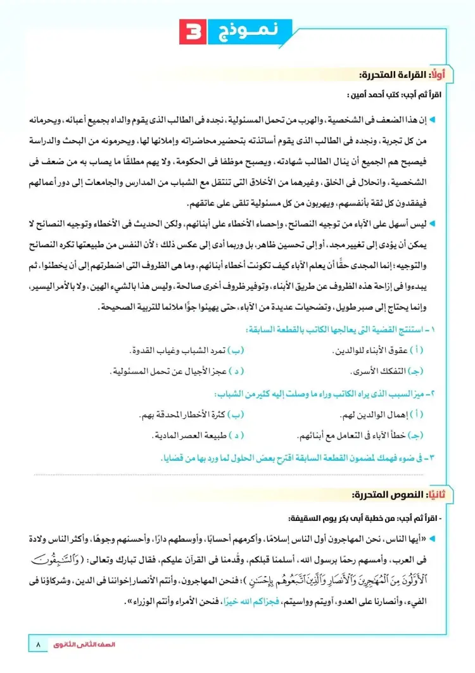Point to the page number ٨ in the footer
click(x=39, y=645)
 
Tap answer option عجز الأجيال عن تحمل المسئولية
click(x=165, y=370)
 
